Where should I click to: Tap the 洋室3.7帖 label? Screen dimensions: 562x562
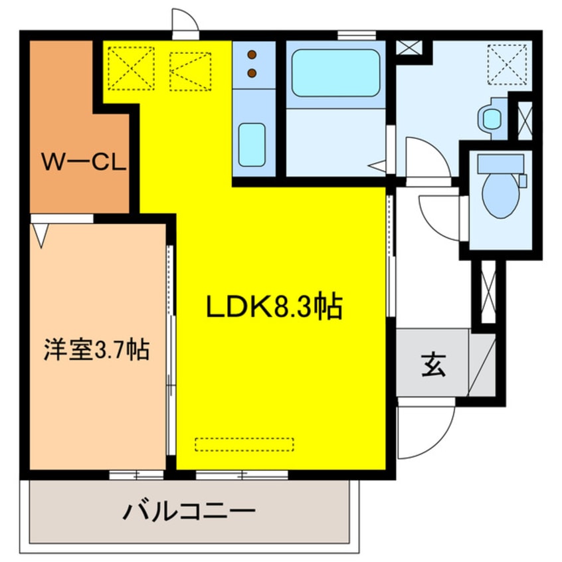point(96,349)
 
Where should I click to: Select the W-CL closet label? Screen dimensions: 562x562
point(84,161)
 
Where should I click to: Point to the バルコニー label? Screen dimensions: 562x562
point(189,512)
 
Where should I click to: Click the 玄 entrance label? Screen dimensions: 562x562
point(432,365)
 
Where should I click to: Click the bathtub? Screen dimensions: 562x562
point(335,72)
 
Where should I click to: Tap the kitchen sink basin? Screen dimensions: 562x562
point(252,143)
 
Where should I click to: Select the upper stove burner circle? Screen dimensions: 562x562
point(252,55)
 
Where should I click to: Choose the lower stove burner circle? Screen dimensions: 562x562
point(252,72)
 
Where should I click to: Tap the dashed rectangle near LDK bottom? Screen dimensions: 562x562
point(244,443)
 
